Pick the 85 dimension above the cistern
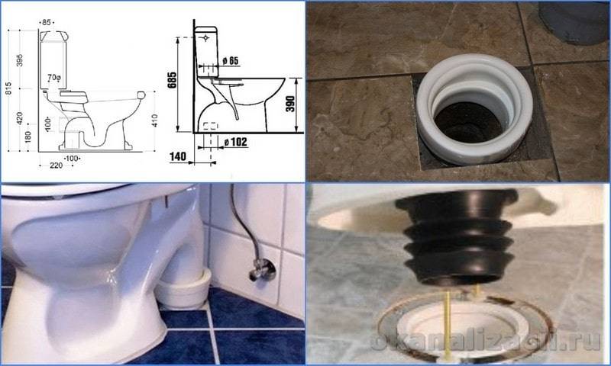pos(47,23)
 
